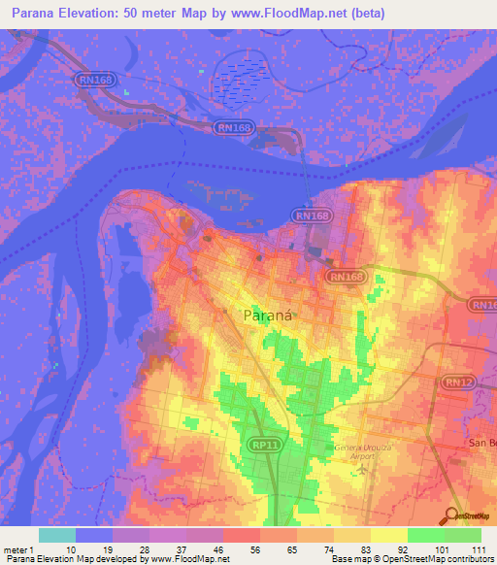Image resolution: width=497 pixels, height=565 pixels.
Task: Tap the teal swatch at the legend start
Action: click(56, 535)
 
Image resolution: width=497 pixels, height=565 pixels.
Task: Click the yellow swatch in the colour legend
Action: click(388, 535)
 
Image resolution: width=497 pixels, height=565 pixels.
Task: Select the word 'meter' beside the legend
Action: click(17, 549)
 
